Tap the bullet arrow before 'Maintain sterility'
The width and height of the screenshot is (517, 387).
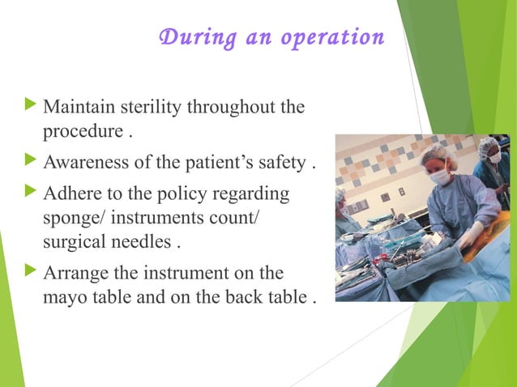click(x=32, y=105)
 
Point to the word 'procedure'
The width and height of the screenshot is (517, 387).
click(x=78, y=131)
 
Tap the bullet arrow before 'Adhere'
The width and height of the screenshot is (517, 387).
click(x=32, y=193)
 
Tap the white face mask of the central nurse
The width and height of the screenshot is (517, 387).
click(x=438, y=176)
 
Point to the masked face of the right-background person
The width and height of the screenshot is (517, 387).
click(x=493, y=156)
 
